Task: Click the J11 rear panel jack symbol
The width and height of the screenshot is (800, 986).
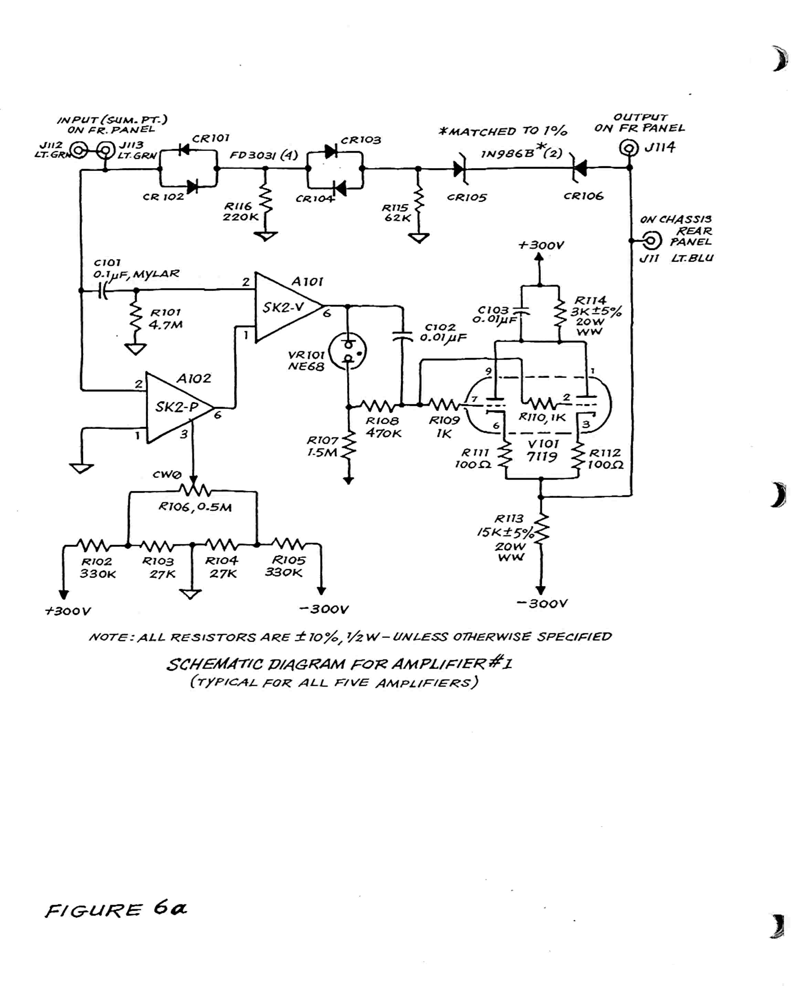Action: (x=651, y=241)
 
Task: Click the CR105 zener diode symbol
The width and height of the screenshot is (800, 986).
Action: (x=460, y=169)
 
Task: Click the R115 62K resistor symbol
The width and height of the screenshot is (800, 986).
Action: (x=419, y=203)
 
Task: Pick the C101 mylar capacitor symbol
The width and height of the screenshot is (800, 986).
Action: (x=103, y=291)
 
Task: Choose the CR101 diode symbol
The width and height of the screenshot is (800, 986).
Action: (x=184, y=149)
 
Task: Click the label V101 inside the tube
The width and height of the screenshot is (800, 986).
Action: (x=543, y=443)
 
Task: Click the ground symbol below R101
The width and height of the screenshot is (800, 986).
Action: (x=136, y=349)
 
